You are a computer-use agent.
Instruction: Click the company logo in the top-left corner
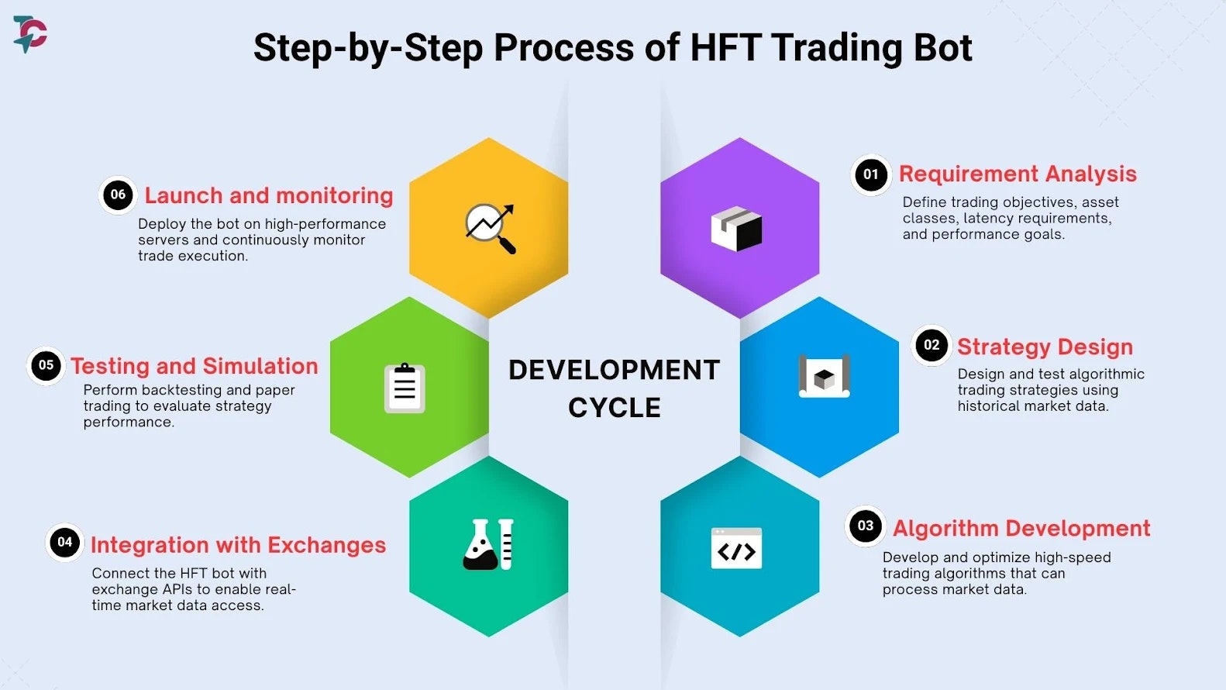(30, 34)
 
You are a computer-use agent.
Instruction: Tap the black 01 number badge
(871, 174)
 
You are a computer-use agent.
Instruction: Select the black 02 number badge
(932, 345)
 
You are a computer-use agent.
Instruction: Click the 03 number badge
(866, 526)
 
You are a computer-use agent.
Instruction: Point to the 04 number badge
(64, 542)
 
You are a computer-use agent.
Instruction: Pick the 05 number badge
(46, 365)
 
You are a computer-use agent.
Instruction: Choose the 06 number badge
(118, 195)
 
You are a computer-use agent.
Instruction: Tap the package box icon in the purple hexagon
(737, 229)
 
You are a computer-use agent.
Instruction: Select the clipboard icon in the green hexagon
(405, 388)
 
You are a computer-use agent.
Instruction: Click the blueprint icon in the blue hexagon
(825, 376)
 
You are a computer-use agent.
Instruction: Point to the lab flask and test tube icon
(488, 544)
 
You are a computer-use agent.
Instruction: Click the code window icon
(737, 548)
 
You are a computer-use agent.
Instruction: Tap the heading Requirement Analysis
(1018, 174)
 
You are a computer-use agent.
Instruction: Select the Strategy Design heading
(1045, 347)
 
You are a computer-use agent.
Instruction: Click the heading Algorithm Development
(1022, 529)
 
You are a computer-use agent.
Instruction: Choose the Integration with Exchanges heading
(239, 546)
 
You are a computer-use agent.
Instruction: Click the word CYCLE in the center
(615, 408)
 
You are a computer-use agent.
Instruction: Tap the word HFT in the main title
(725, 47)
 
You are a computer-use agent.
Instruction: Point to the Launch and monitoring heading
(269, 195)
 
